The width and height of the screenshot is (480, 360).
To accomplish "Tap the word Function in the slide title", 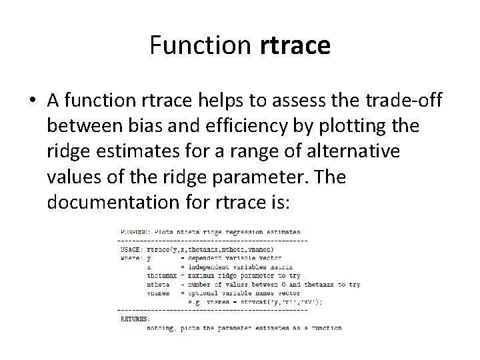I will (200, 46).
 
